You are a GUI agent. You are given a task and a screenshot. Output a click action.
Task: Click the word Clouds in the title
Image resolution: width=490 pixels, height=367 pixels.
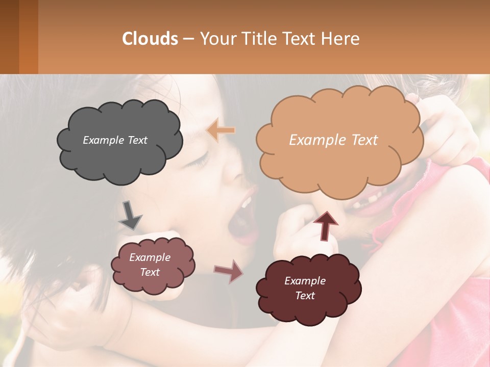click(150, 39)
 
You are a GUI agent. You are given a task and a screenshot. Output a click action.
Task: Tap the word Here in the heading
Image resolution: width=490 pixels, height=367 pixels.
click(340, 39)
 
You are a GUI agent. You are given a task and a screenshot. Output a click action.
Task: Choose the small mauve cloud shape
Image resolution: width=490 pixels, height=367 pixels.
click(153, 283)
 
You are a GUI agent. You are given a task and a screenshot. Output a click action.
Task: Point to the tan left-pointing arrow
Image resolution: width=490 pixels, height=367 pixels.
click(220, 130)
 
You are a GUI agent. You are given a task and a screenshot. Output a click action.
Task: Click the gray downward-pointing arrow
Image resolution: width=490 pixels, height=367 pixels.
click(130, 215)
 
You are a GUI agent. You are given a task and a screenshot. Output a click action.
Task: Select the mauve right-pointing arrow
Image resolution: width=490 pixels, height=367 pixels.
click(229, 271)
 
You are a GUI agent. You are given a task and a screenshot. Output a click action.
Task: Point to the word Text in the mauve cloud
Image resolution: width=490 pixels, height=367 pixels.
click(150, 272)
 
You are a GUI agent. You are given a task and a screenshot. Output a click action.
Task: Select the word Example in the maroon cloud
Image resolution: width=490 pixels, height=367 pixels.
click(305, 281)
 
